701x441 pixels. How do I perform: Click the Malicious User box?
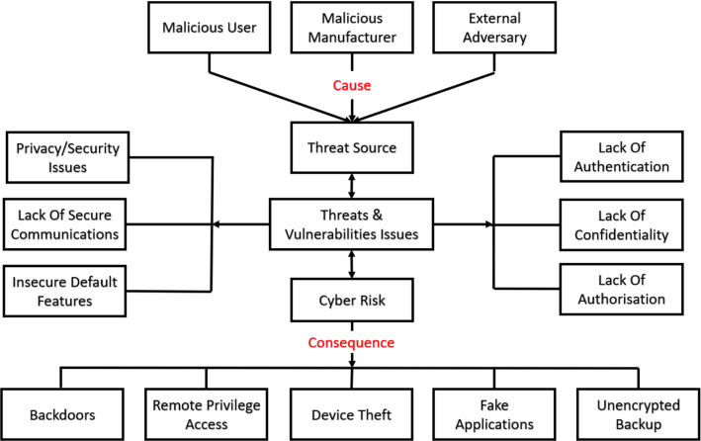tap(209, 29)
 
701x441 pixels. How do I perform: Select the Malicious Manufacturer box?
tap(350, 29)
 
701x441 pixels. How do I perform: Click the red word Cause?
tap(351, 86)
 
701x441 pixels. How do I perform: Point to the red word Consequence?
tap(351, 342)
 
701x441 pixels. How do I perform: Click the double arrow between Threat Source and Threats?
tap(351, 184)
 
